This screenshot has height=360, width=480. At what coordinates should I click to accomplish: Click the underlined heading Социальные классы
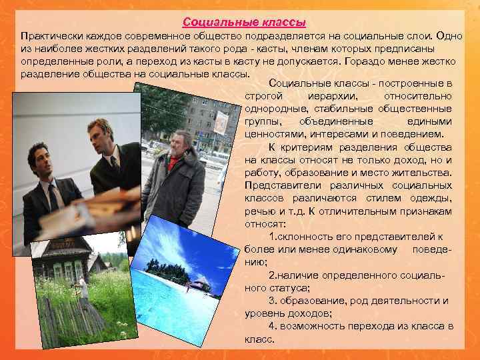point(240,21)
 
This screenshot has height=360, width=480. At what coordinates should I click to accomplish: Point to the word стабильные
point(339,109)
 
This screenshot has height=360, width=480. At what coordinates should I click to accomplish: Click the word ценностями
point(271,134)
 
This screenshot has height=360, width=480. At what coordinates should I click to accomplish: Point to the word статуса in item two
point(288,287)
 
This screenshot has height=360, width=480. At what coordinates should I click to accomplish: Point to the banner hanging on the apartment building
point(222,123)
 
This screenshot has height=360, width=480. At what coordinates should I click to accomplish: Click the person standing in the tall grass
point(83,287)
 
